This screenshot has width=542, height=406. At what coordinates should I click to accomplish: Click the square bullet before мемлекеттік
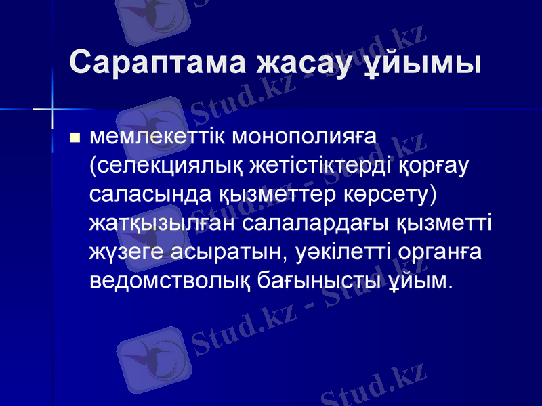75,139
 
